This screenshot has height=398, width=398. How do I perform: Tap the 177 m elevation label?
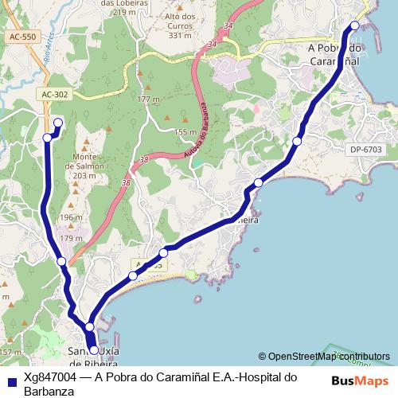point(148,99)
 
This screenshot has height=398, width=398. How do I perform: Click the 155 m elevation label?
point(185,132)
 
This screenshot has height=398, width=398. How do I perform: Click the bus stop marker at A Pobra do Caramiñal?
point(355,25)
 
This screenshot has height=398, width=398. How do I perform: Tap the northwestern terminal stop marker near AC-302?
point(57,123)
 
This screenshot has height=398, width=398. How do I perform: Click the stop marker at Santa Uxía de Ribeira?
point(94,349)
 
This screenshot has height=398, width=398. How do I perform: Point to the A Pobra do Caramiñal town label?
point(334,53)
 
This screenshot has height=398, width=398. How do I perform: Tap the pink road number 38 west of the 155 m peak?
point(142,160)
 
